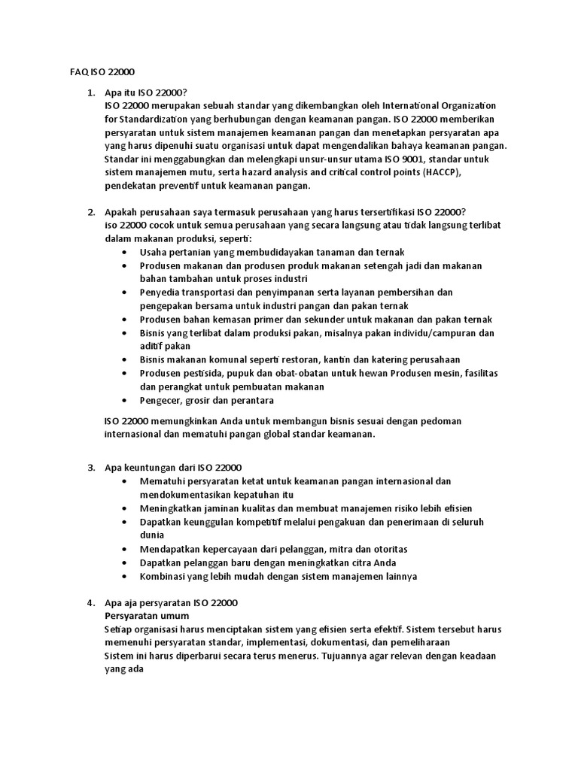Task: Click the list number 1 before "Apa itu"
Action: click(x=90, y=92)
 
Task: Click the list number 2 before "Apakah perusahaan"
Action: click(x=90, y=212)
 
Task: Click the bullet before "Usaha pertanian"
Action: click(x=124, y=253)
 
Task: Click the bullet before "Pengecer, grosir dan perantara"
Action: click(x=124, y=400)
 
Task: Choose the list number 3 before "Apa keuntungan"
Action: click(x=90, y=467)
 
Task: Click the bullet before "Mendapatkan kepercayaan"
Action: click(x=124, y=549)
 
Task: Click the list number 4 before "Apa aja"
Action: click(x=90, y=602)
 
